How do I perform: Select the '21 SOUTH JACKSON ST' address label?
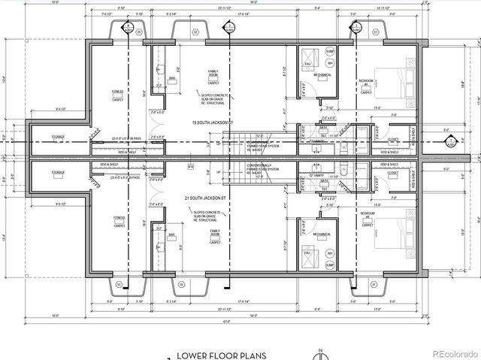[x=213, y=196]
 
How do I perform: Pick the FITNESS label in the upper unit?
[x=117, y=92]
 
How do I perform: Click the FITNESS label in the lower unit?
[x=117, y=217]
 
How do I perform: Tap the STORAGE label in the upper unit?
[x=58, y=137]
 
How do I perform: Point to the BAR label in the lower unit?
[x=172, y=235]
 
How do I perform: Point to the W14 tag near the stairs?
[x=191, y=166]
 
